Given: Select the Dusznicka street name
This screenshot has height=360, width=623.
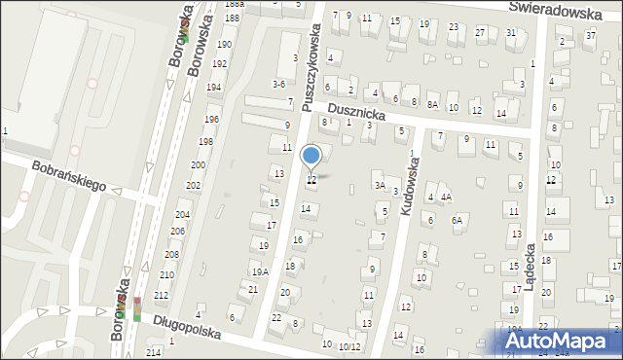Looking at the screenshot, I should click(x=357, y=114).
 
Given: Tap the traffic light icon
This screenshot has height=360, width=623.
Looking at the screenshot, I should click(x=137, y=309).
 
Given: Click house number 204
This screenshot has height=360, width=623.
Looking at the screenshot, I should click(x=182, y=214).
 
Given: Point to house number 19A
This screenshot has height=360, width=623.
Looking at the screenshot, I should click(x=260, y=271).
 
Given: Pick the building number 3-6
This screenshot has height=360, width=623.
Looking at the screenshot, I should click(x=278, y=85).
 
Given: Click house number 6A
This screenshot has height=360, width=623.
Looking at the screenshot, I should click(x=457, y=220).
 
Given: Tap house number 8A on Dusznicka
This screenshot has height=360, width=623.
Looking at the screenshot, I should click(x=432, y=103).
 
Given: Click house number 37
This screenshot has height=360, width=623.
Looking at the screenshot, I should click(x=590, y=36).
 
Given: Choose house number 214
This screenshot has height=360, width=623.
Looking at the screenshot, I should click(x=154, y=352).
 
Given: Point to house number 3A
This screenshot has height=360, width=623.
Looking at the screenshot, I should click(x=380, y=185).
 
